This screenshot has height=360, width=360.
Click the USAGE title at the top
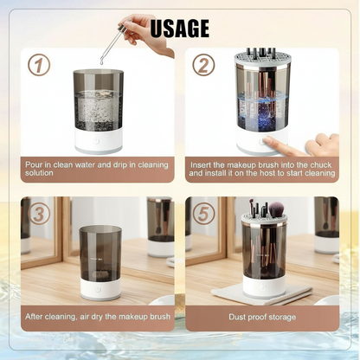[x=180, y=28]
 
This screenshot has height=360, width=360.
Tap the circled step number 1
[x=39, y=66]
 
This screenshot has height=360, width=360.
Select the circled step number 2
[x=203, y=66]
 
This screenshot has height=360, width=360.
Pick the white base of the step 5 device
[x=261, y=284]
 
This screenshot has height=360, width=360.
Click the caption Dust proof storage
[x=262, y=318]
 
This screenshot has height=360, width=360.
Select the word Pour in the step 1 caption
[x=35, y=162]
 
